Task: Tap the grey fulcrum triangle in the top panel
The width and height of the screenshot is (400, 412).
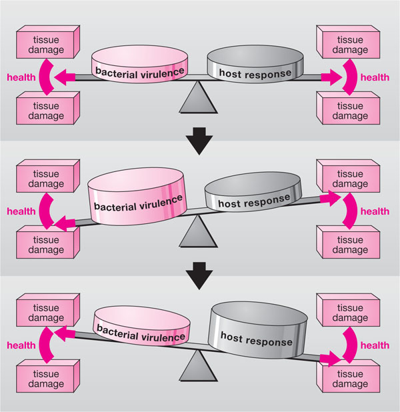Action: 198,101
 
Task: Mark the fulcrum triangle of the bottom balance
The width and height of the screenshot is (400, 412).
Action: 198,368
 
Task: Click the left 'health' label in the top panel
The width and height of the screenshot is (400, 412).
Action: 21,77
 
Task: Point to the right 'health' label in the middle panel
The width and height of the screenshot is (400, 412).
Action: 375,211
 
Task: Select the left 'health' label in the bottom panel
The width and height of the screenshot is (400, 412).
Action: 21,345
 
